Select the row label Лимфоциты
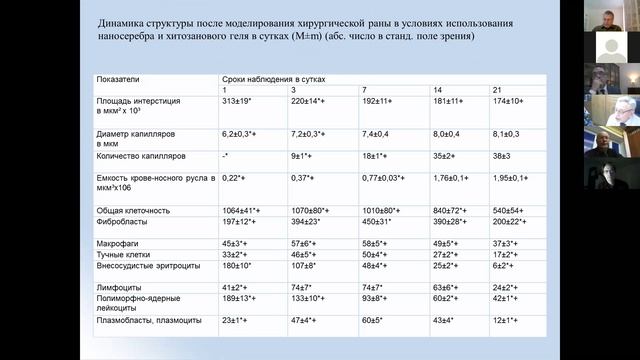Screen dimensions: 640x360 pyautogui.click(x=116, y=287)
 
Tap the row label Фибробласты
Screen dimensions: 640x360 pyautogui.click(x=121, y=223)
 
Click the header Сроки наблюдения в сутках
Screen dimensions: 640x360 pyautogui.click(x=276, y=77)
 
